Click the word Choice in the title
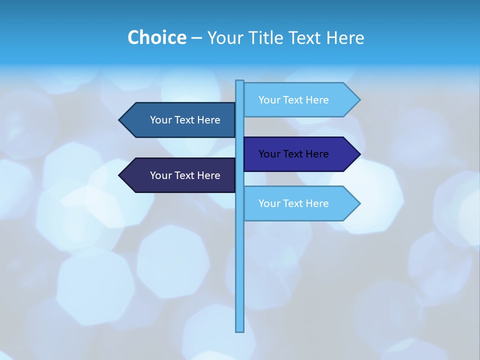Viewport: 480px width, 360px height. [156, 38]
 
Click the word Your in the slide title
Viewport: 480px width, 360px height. [225, 38]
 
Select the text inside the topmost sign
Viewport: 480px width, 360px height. [293, 100]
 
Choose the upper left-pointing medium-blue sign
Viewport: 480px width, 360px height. [180, 120]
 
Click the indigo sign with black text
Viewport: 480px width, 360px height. [300, 154]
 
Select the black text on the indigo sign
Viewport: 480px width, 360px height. [293, 154]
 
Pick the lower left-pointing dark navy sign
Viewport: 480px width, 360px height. [180, 175]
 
